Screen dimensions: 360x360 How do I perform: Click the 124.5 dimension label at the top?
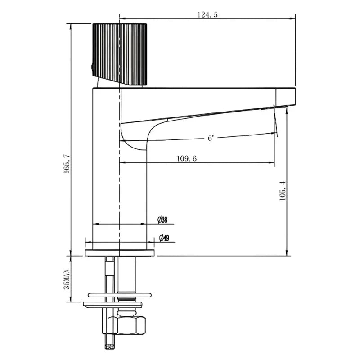point(207,14)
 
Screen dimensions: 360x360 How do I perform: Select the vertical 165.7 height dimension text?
point(67,163)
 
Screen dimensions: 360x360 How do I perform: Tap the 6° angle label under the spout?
point(210,139)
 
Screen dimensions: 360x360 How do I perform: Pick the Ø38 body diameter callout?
point(162,220)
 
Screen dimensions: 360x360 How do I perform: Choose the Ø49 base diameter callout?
point(164,238)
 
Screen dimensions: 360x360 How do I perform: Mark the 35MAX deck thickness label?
point(67,277)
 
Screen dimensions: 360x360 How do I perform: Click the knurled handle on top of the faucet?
point(120,53)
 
